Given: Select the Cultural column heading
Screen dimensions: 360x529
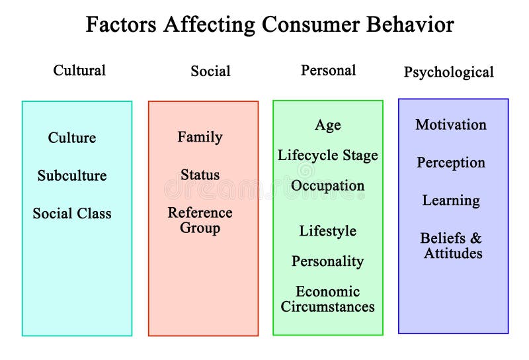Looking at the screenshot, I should point(79,70).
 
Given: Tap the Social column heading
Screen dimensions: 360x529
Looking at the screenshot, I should point(210,71).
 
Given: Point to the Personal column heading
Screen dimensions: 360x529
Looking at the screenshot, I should point(328,70).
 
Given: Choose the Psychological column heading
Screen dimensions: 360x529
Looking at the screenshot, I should point(448,72).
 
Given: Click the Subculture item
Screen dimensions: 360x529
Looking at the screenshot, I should point(72,175).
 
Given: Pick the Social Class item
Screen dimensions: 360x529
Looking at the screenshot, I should point(72,213).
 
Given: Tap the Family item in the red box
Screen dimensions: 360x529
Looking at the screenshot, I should point(200,137).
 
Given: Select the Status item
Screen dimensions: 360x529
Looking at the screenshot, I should point(200,175).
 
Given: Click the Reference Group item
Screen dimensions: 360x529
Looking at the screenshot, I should point(200,220).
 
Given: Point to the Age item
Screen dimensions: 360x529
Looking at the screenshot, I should point(328,125).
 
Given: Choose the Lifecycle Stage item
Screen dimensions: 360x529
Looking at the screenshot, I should point(328,156).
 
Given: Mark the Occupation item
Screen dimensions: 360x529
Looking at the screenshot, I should point(328,186).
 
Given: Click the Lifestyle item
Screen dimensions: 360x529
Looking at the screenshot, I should point(328,231).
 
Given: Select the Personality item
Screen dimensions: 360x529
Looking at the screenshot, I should point(328,261).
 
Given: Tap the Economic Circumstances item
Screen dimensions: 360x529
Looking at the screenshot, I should point(328,299).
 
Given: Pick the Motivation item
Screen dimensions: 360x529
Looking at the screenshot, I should point(451,124).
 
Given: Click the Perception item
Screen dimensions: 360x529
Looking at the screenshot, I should point(451,163).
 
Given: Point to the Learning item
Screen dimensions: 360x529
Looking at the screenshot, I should point(451,201).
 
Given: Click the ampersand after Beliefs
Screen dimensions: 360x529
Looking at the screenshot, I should point(476,238).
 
